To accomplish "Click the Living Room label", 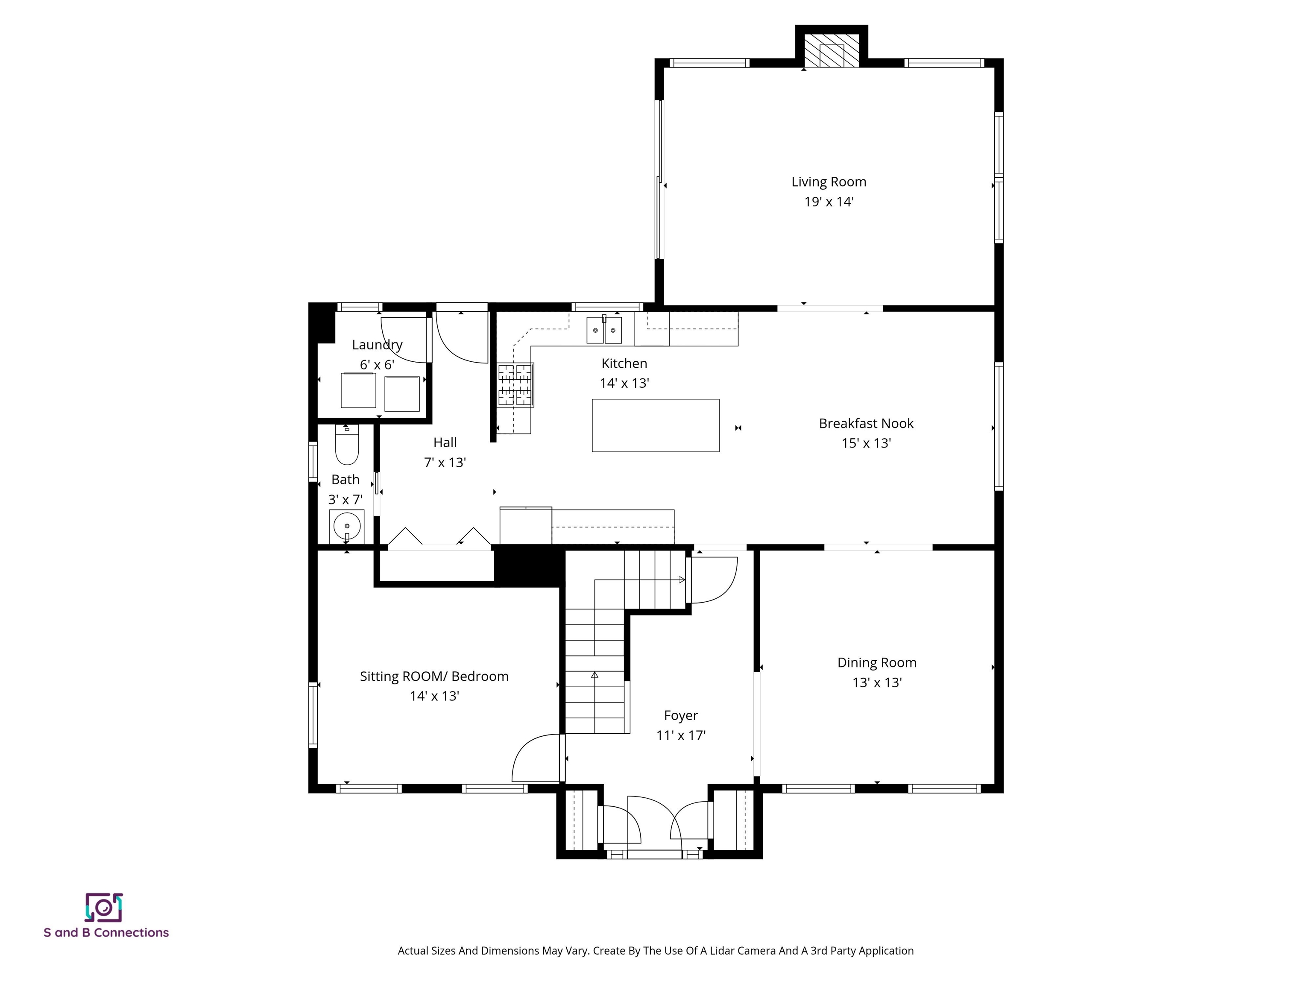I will [828, 182].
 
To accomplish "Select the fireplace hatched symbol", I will [831, 50].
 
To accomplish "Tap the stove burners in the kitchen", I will [515, 385].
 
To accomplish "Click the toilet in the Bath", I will [347, 446].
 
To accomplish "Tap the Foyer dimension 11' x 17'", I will [680, 735].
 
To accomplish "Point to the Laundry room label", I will [377, 345].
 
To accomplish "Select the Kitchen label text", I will [624, 363].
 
